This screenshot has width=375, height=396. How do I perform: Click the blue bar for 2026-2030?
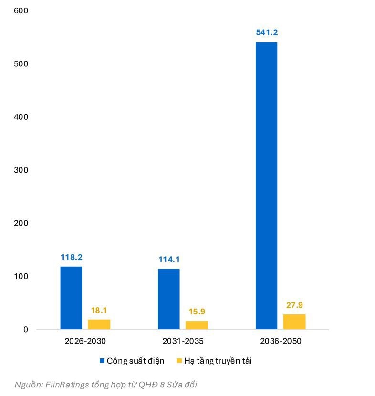(x=71, y=298)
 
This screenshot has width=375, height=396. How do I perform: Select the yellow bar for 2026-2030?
(x=99, y=324)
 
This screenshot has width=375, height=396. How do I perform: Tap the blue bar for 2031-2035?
(x=169, y=299)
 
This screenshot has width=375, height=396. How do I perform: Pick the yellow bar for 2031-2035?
(x=197, y=325)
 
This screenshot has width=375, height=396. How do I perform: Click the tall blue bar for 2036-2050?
(x=266, y=186)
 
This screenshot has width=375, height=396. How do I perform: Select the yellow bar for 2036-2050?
(x=294, y=322)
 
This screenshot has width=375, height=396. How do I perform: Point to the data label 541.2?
(x=267, y=33)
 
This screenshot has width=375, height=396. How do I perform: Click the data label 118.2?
(x=71, y=257)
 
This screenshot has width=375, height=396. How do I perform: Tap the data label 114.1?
(x=169, y=260)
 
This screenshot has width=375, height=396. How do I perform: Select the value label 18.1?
(x=99, y=310)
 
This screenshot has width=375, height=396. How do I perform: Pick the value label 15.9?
(x=197, y=312)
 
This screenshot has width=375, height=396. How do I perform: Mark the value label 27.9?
(x=294, y=305)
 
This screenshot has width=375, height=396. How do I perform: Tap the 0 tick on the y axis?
(x=26, y=329)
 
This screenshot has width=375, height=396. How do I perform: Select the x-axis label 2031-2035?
(x=183, y=342)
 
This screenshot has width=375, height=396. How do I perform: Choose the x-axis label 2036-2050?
(x=281, y=342)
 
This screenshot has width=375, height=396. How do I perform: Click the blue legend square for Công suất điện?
(x=102, y=361)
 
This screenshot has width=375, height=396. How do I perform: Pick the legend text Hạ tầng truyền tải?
(x=218, y=361)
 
